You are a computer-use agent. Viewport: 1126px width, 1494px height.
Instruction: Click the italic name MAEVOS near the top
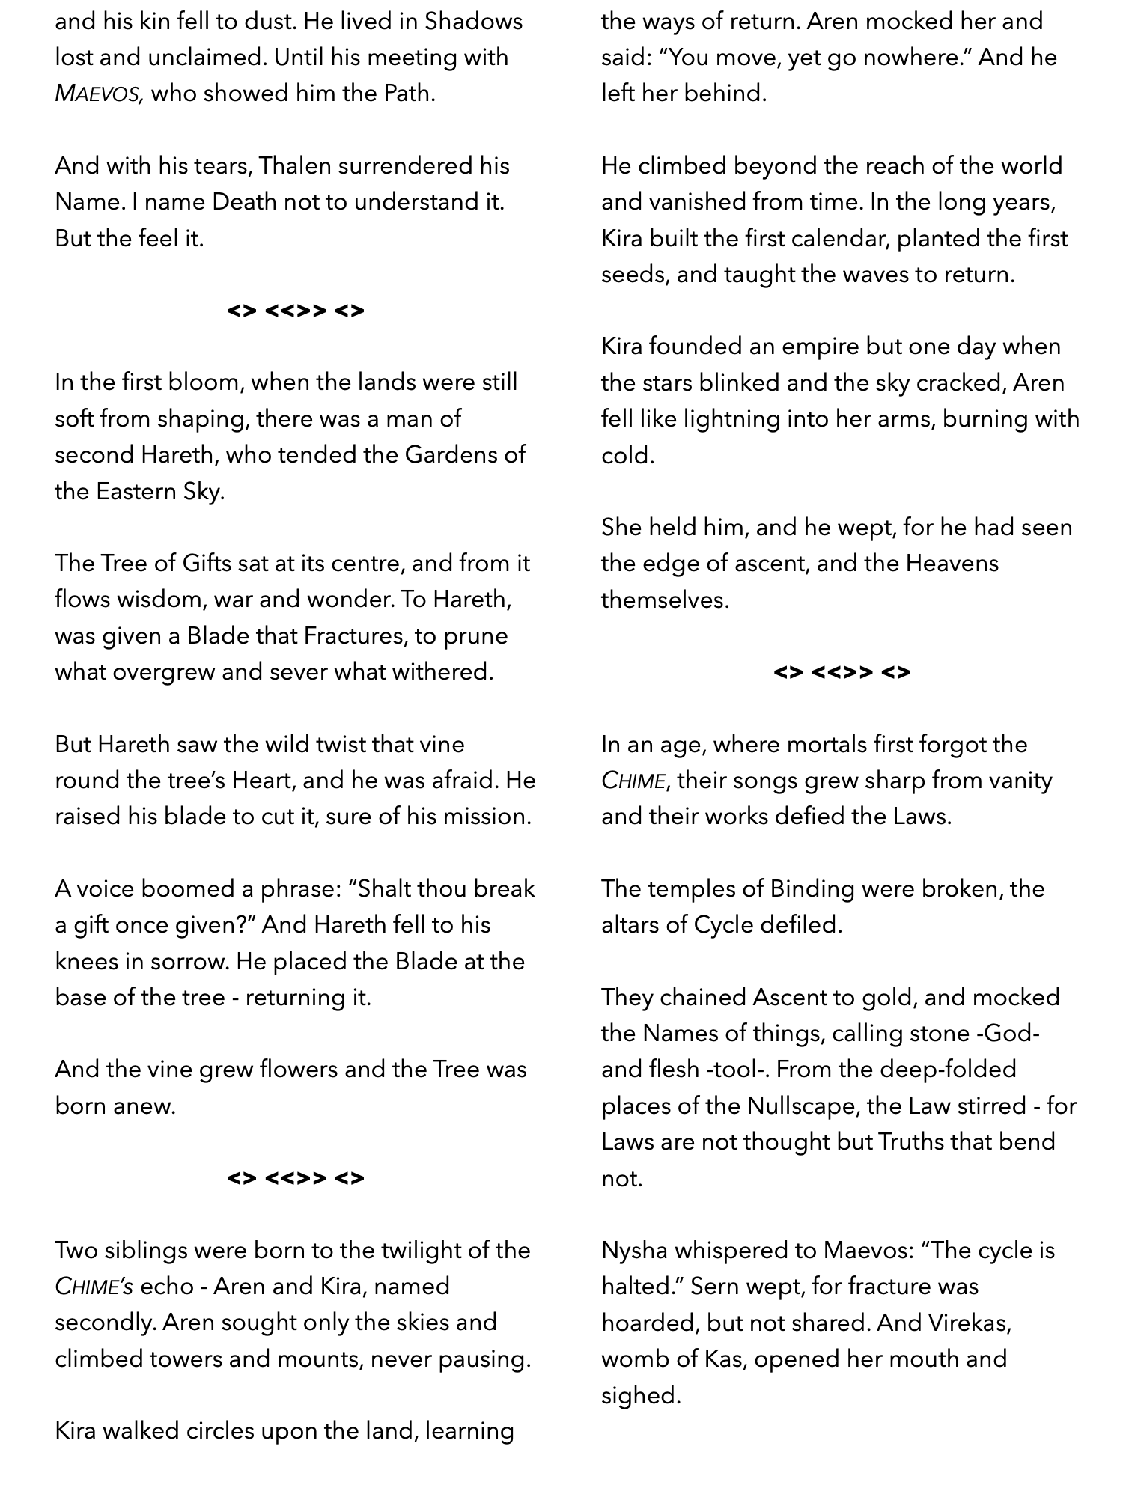99,94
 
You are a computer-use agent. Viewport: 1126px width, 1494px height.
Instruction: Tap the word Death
241,202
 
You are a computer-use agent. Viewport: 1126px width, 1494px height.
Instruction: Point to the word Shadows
473,21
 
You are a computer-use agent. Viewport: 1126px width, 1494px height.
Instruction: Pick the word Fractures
353,636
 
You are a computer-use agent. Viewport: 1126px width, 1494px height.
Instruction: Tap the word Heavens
952,564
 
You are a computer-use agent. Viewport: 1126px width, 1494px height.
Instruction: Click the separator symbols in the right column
842,672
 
